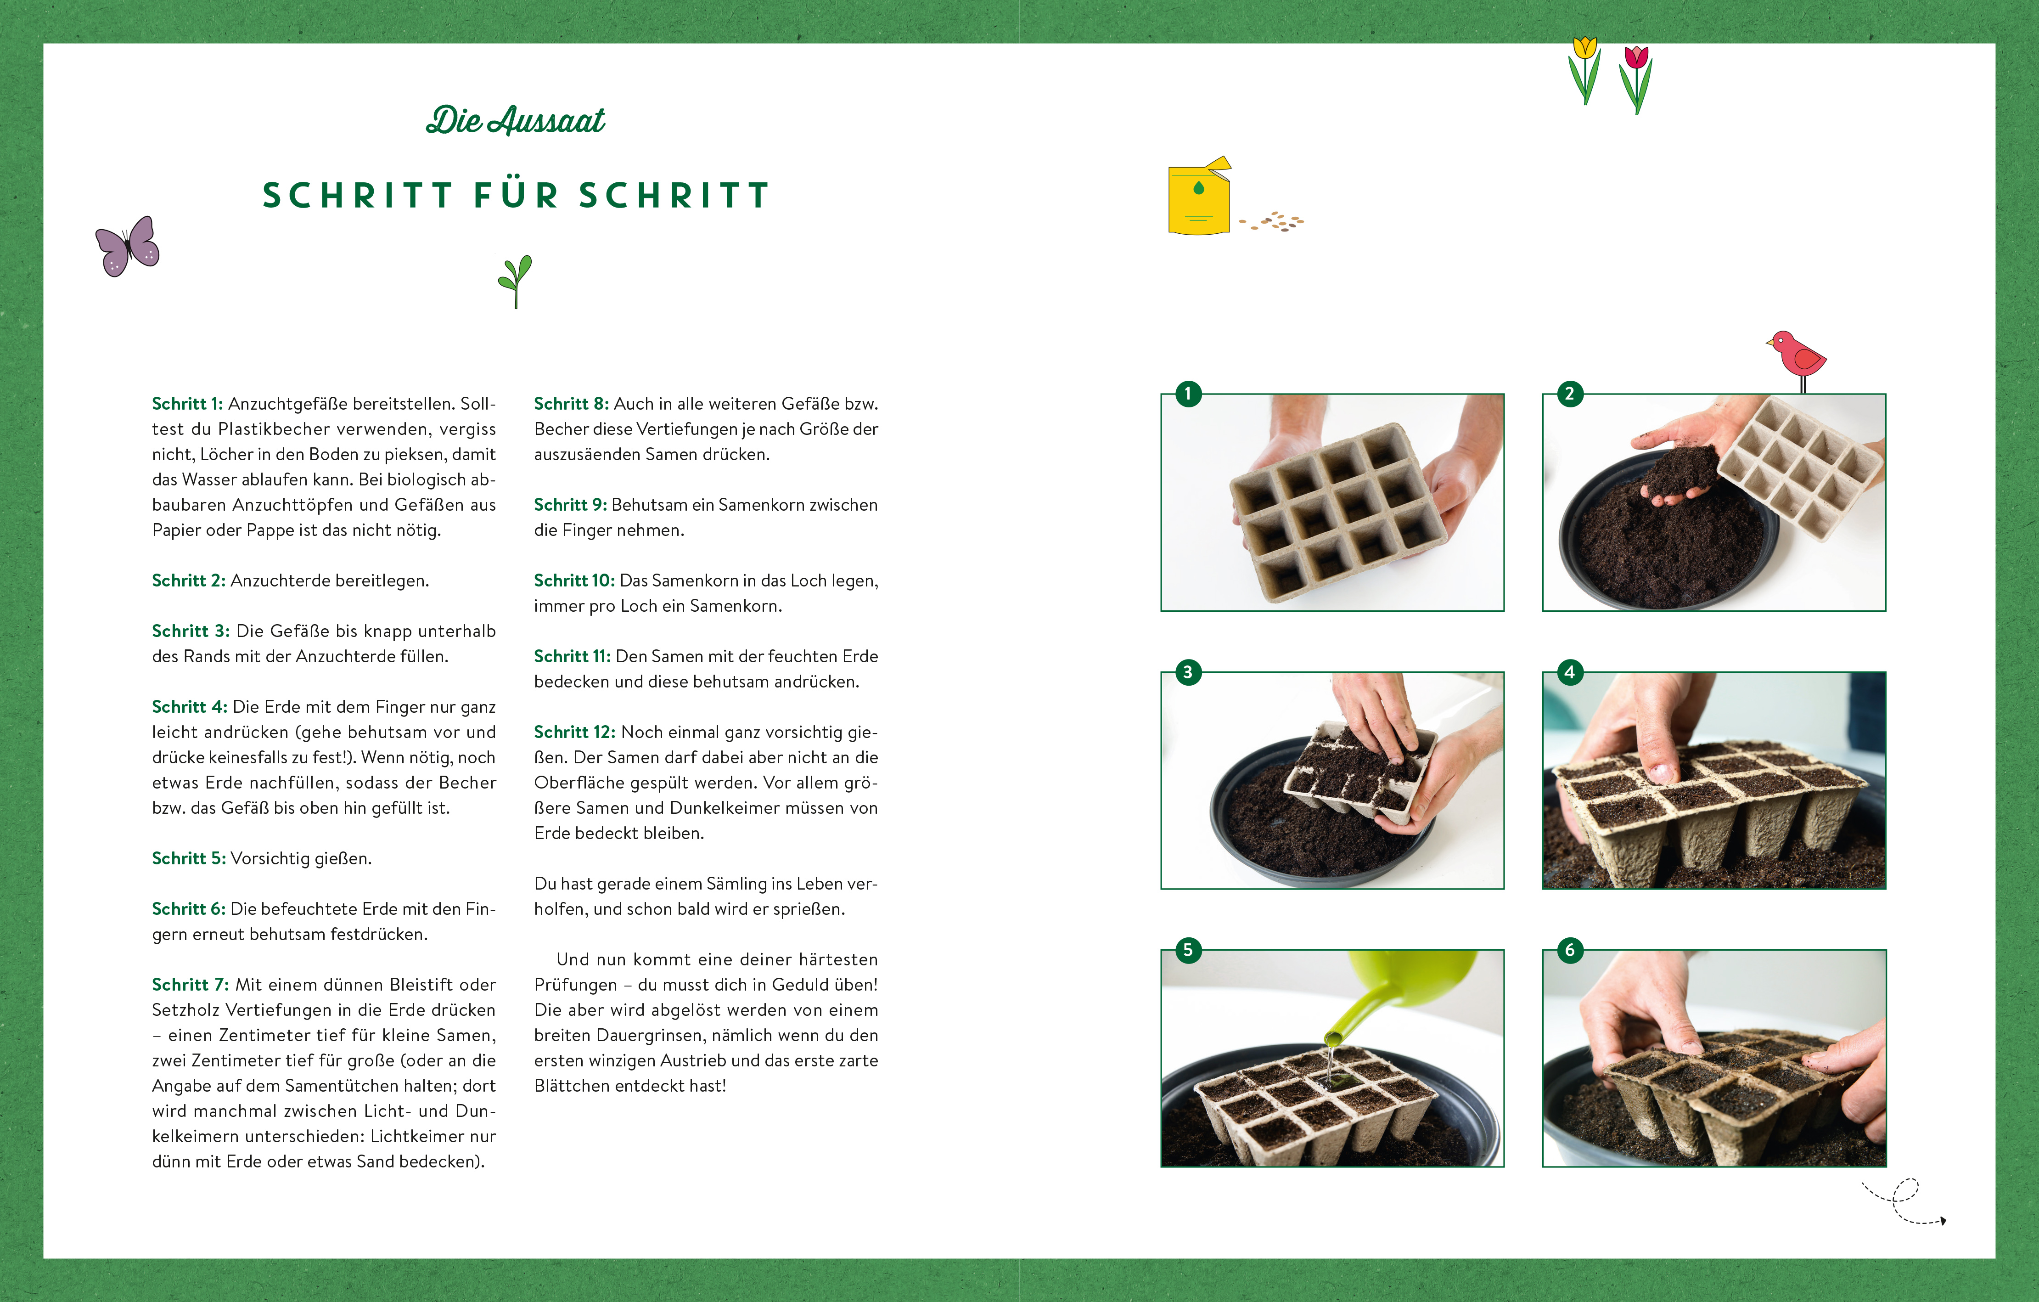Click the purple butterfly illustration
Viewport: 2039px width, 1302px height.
pos(127,247)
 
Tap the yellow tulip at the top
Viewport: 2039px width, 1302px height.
pos(1584,70)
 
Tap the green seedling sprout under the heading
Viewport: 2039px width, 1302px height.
pos(515,281)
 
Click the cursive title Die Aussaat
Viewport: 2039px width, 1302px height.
pos(516,120)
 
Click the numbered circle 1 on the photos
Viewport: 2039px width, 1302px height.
pos(1188,394)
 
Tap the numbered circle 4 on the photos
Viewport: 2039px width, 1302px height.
pos(1570,673)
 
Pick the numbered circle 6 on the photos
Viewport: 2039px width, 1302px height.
pos(1570,951)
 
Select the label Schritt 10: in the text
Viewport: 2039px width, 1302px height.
pos(574,580)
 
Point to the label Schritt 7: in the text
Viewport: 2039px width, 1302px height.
pos(191,984)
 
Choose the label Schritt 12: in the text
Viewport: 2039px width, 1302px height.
pos(575,732)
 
